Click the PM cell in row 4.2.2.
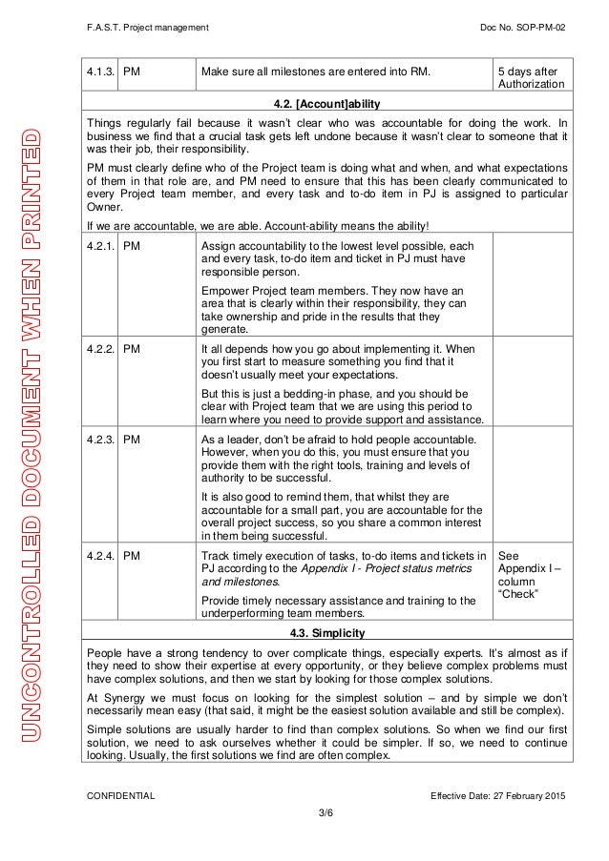134,349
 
